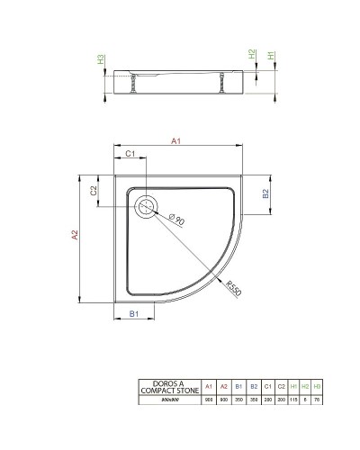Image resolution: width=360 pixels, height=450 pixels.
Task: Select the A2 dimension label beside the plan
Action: pos(76,234)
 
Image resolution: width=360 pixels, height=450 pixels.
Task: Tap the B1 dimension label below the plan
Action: pos(132,314)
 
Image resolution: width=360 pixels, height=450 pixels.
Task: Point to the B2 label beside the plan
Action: pos(265,193)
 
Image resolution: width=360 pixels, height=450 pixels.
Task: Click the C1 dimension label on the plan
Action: pos(130,154)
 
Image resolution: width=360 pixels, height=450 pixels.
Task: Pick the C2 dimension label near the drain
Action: pos(94,191)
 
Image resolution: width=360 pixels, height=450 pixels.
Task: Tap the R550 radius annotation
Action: pos(235,289)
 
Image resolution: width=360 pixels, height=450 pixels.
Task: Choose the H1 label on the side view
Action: pos(271,56)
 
